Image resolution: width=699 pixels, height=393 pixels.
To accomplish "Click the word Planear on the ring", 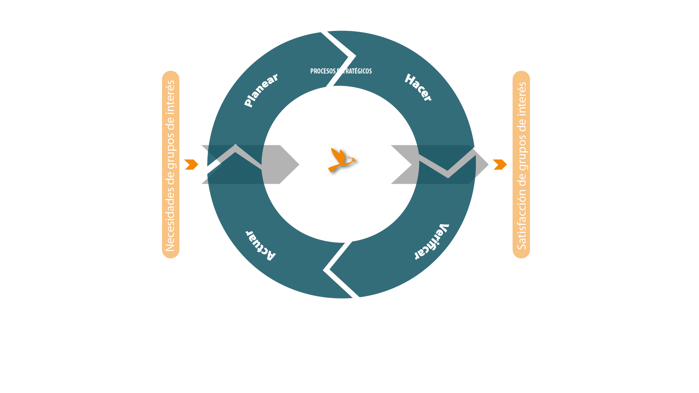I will [261, 90].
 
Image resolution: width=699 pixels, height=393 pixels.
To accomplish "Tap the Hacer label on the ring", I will [418, 87].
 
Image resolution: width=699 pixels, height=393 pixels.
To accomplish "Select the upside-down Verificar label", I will [432, 242].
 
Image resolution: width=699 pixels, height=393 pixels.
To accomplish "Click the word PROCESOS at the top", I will [323, 71].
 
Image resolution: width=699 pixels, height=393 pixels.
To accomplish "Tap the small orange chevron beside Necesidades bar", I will [191, 164].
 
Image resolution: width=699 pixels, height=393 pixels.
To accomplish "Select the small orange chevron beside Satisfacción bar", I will [500, 164].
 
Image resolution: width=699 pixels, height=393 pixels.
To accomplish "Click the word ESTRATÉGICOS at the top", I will [355, 71].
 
